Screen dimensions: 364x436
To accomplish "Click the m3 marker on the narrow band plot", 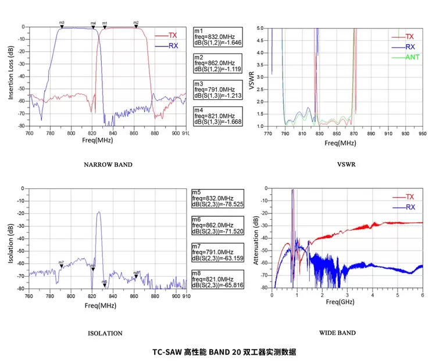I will (x=62, y=26).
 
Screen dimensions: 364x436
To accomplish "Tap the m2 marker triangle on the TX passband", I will (x=136, y=26).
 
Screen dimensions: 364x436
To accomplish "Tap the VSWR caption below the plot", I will (x=338, y=165).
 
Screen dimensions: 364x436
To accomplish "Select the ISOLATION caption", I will (x=105, y=334).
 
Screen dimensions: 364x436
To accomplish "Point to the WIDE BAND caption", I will (x=338, y=333).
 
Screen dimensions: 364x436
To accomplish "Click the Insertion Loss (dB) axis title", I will (x=11, y=74).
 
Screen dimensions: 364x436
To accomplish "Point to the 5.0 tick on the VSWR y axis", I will (x=260, y=28).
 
